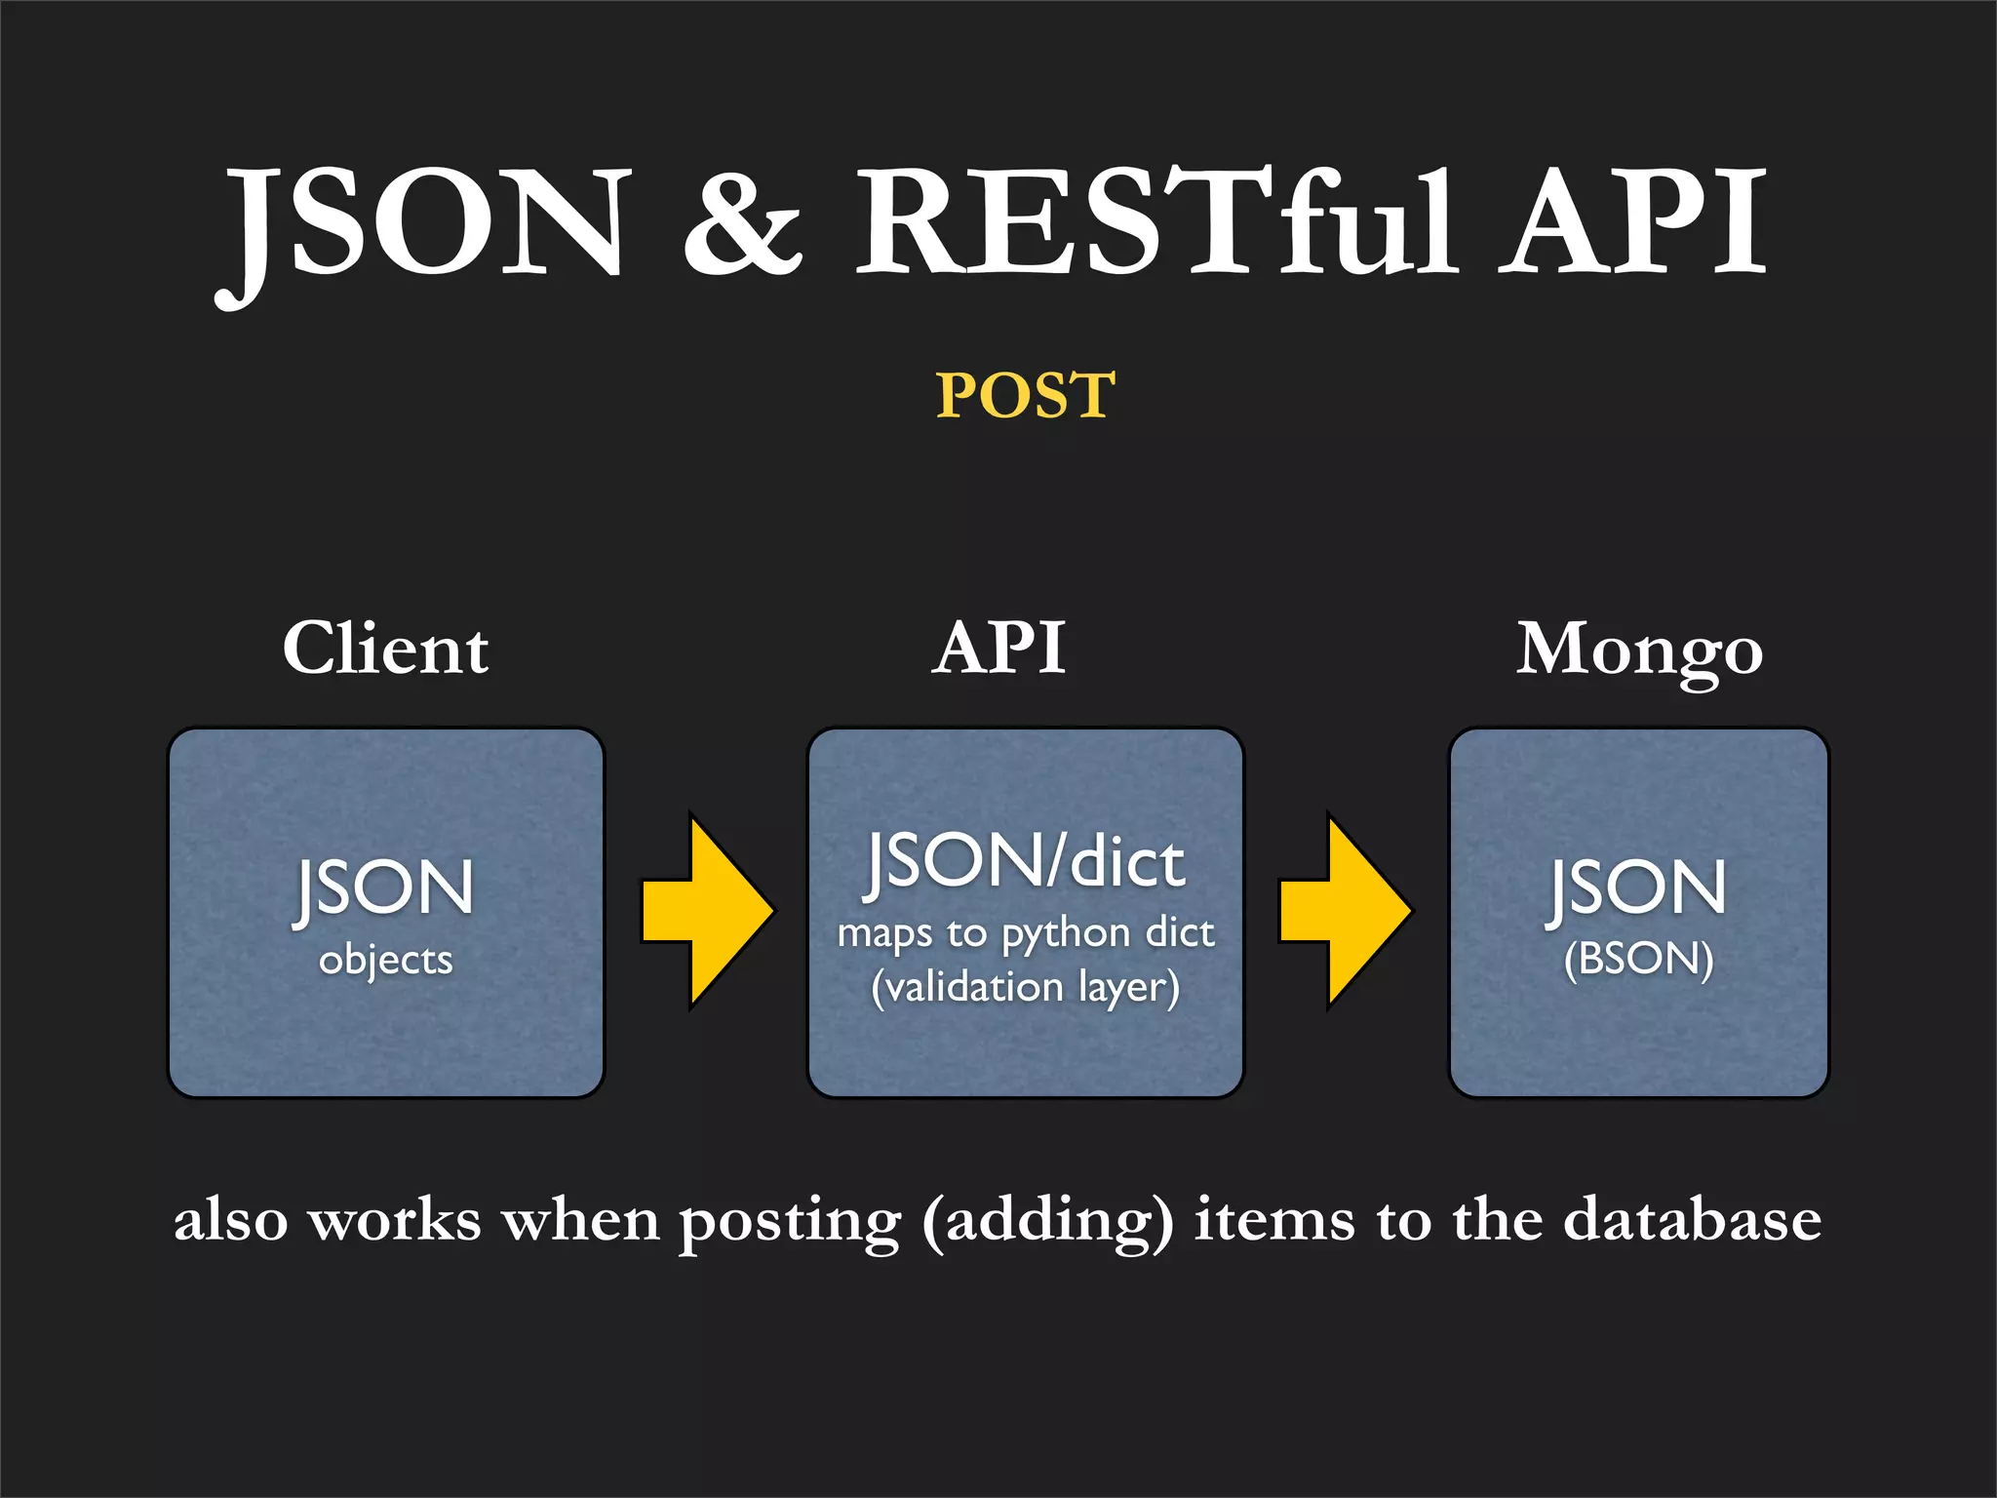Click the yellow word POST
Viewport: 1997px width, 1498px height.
point(1025,395)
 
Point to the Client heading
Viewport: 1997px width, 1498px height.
point(385,649)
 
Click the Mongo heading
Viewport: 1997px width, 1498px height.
point(1638,650)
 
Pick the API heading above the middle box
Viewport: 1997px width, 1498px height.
point(998,649)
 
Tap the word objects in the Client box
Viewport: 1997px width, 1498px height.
point(386,961)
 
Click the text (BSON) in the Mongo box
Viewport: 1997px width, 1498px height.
point(1638,959)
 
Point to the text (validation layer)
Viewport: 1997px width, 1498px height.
point(1025,987)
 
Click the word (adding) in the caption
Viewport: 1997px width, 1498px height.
point(1048,1221)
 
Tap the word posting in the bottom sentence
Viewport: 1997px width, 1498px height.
point(790,1221)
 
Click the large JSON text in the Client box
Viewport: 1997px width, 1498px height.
point(385,888)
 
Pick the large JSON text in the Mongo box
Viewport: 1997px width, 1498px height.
point(1638,888)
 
